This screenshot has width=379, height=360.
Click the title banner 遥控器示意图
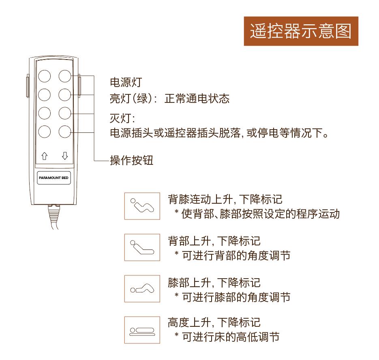[301, 31]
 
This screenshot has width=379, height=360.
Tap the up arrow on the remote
[45, 156]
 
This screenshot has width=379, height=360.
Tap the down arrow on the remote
[65, 156]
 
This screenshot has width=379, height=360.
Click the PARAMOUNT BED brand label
[54, 178]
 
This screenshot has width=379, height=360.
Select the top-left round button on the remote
[45, 76]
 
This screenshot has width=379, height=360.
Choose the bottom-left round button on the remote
[45, 132]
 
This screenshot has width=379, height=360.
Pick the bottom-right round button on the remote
[65, 132]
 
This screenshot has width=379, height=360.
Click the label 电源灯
[126, 82]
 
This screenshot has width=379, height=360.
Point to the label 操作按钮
[131, 160]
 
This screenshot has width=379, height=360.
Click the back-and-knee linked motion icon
[142, 206]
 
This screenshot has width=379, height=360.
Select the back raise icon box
[142, 247]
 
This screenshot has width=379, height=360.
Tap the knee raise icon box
[142, 289]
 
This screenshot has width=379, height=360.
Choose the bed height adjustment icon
[142, 330]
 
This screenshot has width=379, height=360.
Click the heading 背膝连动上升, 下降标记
[225, 199]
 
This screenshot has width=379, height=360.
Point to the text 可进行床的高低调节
[231, 337]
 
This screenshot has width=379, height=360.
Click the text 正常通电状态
[197, 98]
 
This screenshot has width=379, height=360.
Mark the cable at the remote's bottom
[54, 217]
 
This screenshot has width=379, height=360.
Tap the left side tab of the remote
[28, 86]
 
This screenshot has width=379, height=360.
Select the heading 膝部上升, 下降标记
[214, 283]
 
